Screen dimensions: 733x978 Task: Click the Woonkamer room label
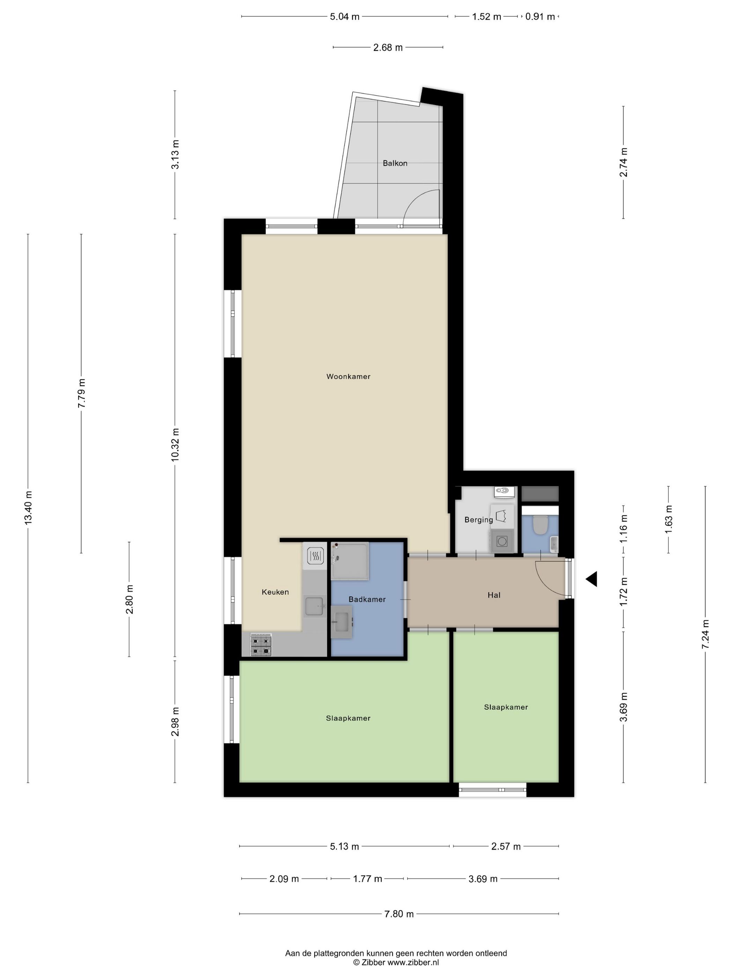click(348, 377)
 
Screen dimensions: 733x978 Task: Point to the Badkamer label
click(367, 599)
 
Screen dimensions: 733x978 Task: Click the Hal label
click(494, 595)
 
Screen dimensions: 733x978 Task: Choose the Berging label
click(479, 520)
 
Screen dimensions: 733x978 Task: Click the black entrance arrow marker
click(592, 579)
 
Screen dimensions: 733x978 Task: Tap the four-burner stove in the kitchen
click(261, 645)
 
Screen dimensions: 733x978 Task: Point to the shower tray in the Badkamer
click(349, 561)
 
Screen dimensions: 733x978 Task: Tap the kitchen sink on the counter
click(314, 606)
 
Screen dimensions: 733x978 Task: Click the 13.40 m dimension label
click(28, 508)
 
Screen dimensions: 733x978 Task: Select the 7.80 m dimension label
click(399, 914)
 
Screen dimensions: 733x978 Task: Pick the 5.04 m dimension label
click(345, 17)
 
